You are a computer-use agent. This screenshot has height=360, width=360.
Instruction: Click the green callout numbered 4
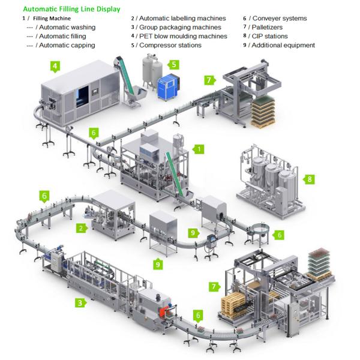tap(55, 66)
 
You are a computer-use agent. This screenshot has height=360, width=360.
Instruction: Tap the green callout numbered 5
tap(173, 64)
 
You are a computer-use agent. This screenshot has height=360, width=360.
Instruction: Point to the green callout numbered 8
tap(310, 179)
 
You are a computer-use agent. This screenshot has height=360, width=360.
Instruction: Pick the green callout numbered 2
tap(80, 228)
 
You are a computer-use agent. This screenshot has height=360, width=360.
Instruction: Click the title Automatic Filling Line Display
tap(71, 10)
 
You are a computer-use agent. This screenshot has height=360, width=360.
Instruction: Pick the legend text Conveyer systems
tap(277, 19)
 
